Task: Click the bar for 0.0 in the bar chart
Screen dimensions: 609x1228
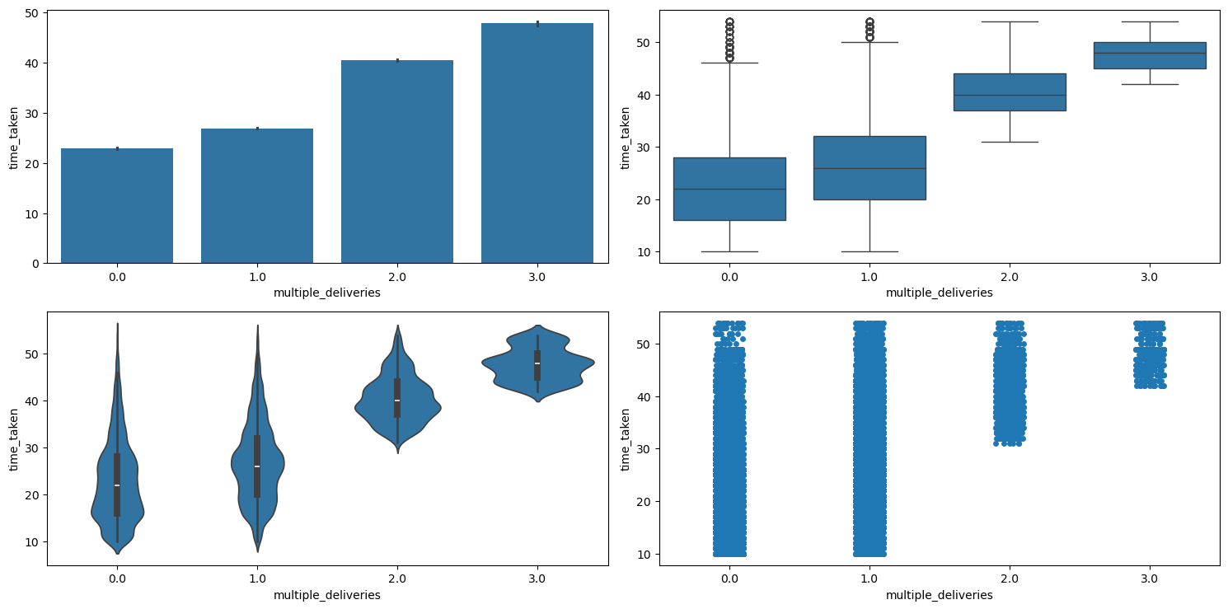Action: (117, 206)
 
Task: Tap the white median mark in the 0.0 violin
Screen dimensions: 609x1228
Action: (117, 485)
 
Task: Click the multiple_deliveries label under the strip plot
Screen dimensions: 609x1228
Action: (940, 595)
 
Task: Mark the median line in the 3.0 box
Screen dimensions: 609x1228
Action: (1150, 53)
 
